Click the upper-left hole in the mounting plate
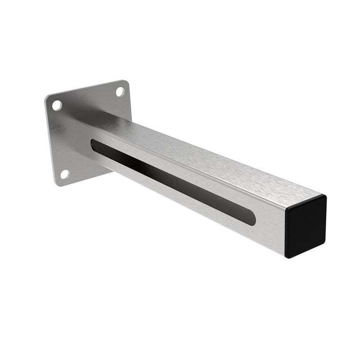pos(57,105)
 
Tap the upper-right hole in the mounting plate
pos(120,92)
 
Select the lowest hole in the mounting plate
pos(64,174)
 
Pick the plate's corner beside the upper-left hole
pos(48,99)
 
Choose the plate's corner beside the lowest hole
pos(58,182)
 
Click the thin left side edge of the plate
pos(49,141)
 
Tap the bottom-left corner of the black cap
pos(287,256)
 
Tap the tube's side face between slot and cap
pos(270,231)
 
